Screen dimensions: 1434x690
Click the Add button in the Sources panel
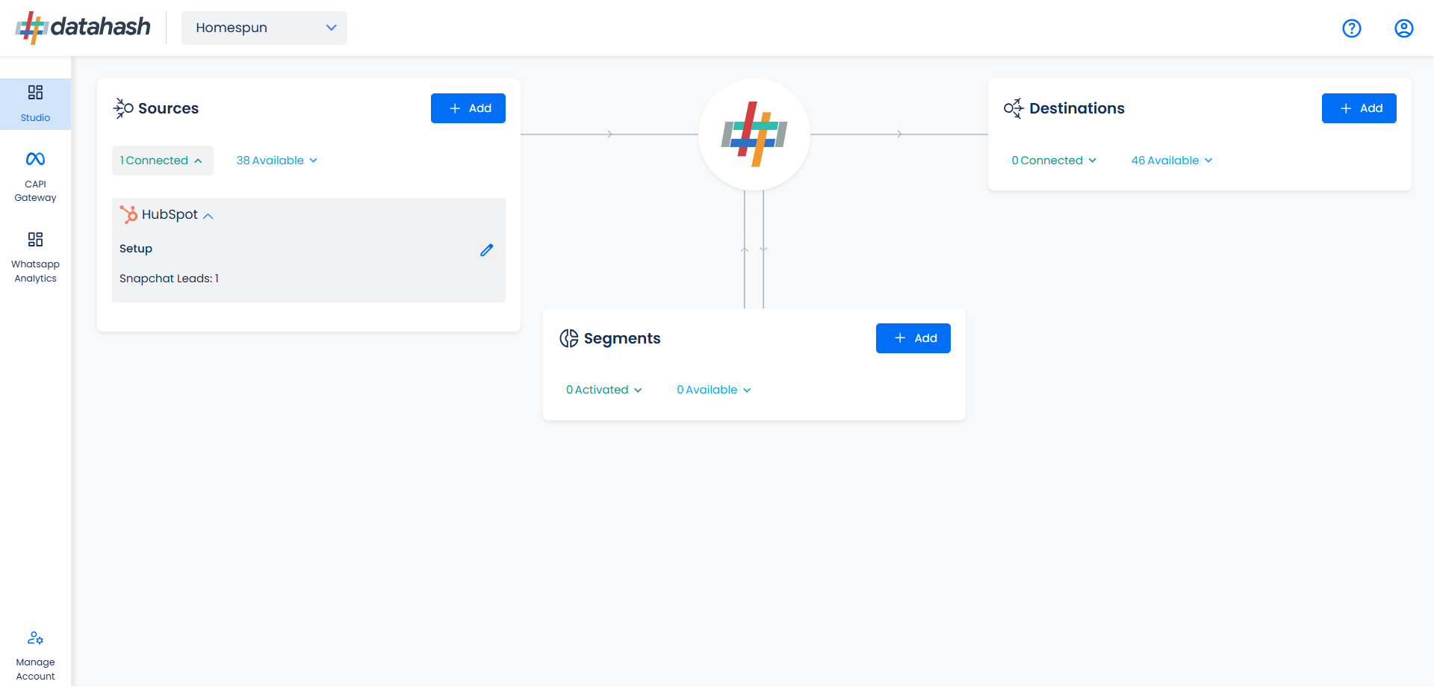click(x=468, y=108)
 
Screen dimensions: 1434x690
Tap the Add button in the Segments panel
click(x=913, y=338)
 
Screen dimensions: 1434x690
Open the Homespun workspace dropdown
click(x=264, y=28)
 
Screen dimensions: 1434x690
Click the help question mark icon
click(x=1351, y=28)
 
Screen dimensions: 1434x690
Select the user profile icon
click(x=1403, y=28)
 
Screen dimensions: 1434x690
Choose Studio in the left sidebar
click(x=35, y=104)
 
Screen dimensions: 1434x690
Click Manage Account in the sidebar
click(x=35, y=656)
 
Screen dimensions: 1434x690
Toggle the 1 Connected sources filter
click(x=162, y=161)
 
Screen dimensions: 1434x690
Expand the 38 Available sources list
click(x=277, y=161)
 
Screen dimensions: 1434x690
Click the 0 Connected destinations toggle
click(x=1054, y=161)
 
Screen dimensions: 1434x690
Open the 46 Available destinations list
click(x=1172, y=161)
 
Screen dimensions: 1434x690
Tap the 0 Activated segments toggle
click(x=604, y=390)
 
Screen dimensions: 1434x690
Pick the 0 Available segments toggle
click(x=714, y=390)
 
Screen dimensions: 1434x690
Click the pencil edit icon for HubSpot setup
click(x=487, y=250)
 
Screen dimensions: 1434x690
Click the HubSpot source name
click(x=170, y=215)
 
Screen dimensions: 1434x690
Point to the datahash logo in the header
click(x=83, y=28)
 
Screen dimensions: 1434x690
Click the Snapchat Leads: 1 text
click(x=170, y=279)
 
